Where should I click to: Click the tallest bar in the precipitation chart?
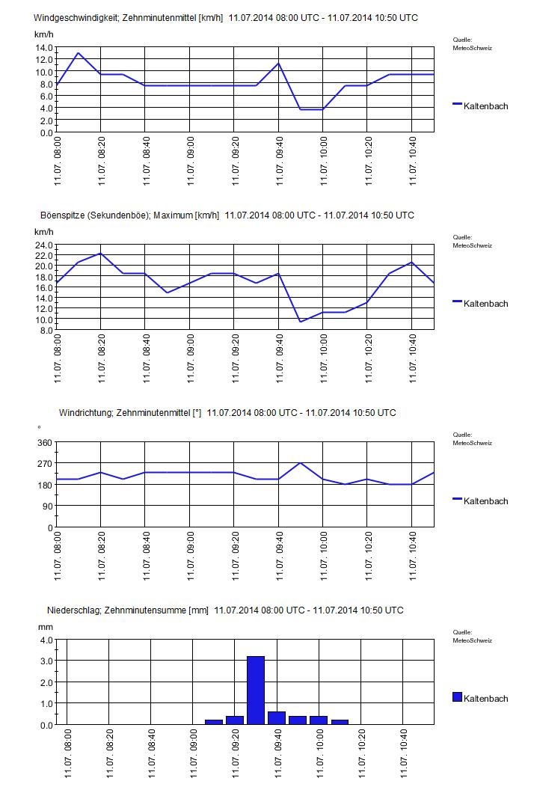(x=256, y=690)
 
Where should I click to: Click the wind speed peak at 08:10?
(x=79, y=53)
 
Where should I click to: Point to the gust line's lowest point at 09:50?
(x=301, y=322)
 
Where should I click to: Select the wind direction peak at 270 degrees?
(x=301, y=463)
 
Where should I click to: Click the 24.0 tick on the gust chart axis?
(x=43, y=245)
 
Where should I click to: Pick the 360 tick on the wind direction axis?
(x=45, y=443)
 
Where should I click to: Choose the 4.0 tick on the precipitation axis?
(x=46, y=640)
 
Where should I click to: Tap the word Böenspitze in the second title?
(x=63, y=215)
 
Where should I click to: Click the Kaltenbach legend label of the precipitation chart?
(x=485, y=699)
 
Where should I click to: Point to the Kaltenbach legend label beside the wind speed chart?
(x=485, y=106)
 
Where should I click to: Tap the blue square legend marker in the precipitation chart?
(x=457, y=697)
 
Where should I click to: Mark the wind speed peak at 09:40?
(x=278, y=63)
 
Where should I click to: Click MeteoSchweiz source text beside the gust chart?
(x=472, y=245)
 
